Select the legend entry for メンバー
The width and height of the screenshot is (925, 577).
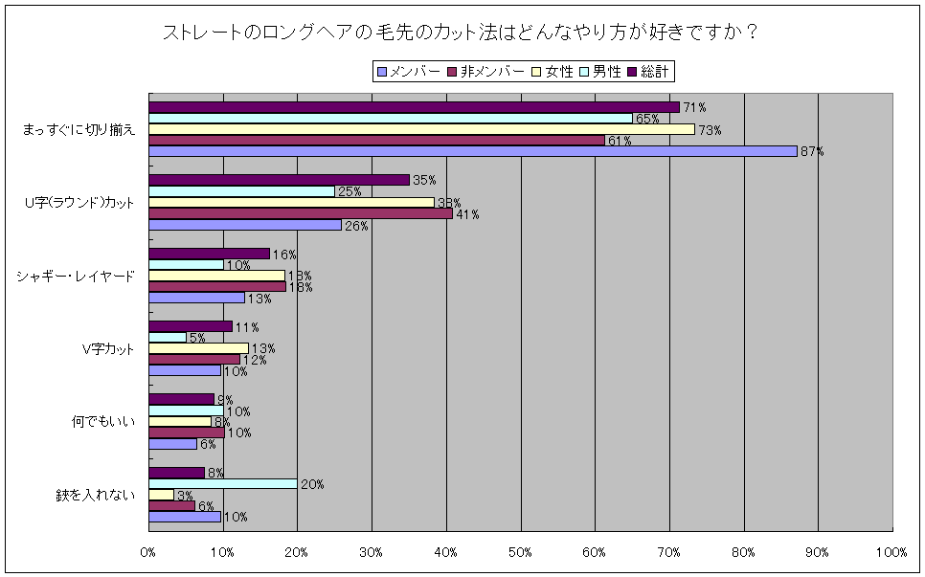[x=409, y=71]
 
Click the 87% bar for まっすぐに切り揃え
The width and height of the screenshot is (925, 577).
[x=473, y=151]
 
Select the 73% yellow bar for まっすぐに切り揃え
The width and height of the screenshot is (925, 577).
[x=421, y=129]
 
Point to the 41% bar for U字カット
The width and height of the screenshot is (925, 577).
[x=301, y=213]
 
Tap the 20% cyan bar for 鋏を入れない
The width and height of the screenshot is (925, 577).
[x=223, y=483]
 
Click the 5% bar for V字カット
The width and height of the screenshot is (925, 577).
[x=168, y=337]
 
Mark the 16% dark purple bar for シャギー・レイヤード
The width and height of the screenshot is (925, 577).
[x=209, y=253]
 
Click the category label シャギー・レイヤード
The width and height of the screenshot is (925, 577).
[x=76, y=276]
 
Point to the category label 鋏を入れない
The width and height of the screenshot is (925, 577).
[x=95, y=495]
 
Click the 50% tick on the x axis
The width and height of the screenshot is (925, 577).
[x=520, y=552]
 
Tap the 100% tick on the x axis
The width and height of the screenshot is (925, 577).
[x=891, y=552]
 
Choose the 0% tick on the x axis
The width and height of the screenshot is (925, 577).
[x=148, y=552]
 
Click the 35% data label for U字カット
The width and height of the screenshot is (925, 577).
[x=424, y=180]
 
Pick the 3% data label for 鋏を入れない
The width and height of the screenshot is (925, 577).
[x=185, y=496]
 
